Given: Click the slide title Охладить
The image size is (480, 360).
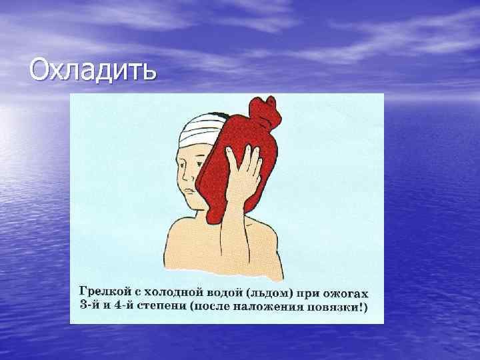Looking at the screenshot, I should coord(93,69).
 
